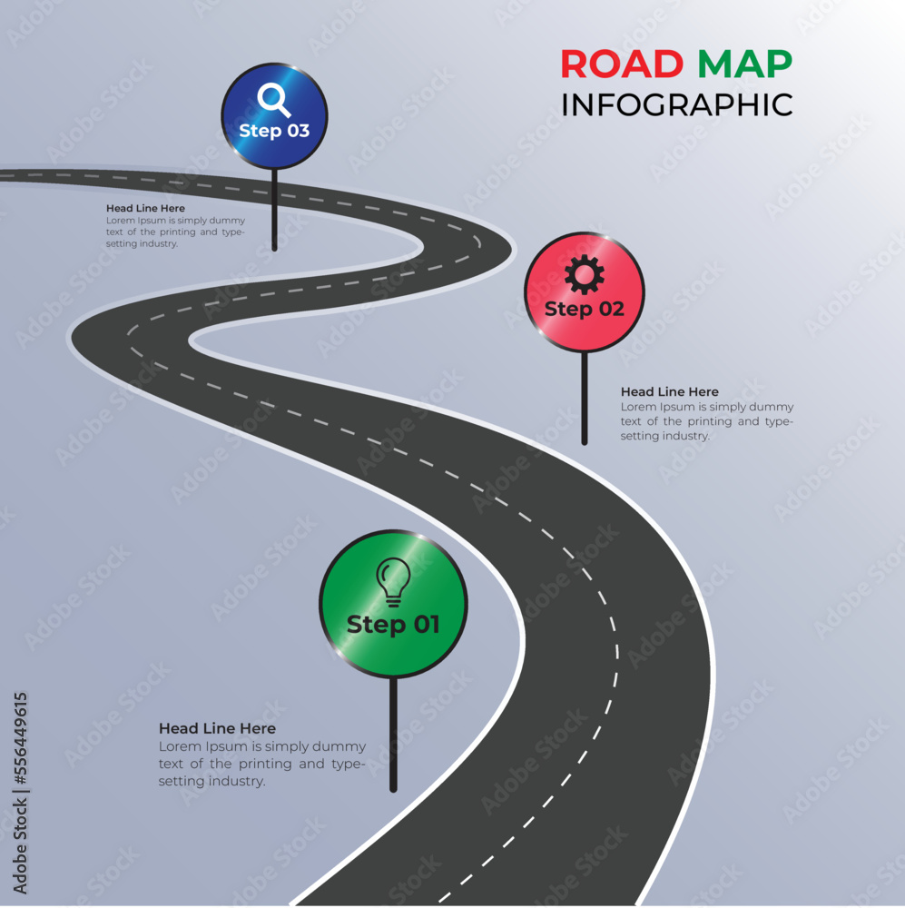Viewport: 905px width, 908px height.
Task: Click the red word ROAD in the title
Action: (x=622, y=64)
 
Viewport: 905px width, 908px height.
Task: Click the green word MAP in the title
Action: (x=744, y=64)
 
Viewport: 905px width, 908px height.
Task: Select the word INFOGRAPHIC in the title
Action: (x=676, y=104)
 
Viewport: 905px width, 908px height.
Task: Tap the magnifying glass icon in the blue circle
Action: (x=273, y=99)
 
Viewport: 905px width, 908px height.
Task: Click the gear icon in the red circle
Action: (x=584, y=273)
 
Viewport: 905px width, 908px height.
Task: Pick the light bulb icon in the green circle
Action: (x=393, y=581)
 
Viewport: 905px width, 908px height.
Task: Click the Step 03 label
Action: (x=274, y=131)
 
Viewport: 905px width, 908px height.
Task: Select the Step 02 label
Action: (x=585, y=309)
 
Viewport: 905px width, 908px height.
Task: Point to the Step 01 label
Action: (x=393, y=625)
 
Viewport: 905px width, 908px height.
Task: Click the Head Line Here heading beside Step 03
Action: (x=145, y=208)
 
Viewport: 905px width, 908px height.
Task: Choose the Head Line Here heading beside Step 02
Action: (x=669, y=391)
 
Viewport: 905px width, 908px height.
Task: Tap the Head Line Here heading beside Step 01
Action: (x=217, y=728)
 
